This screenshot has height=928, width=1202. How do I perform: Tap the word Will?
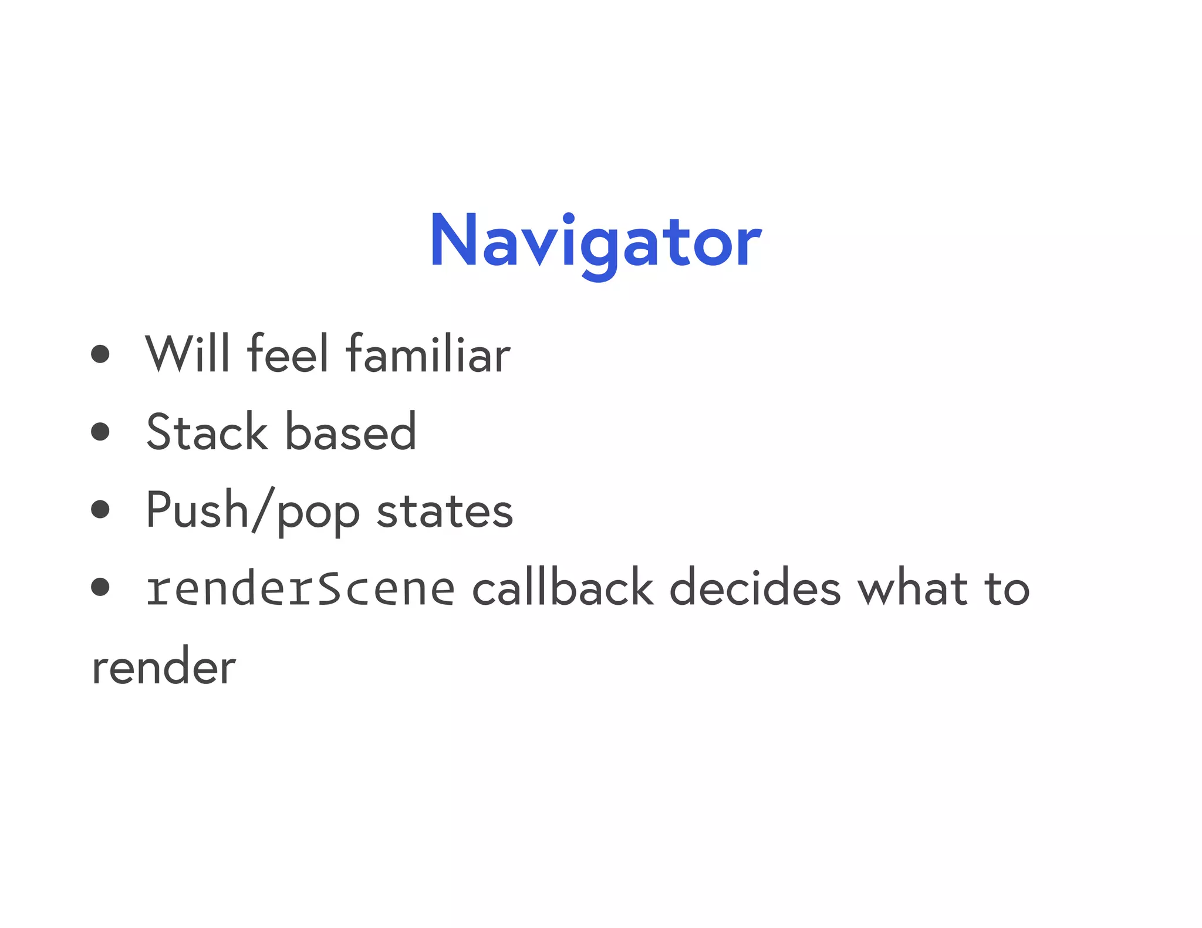pyautogui.click(x=187, y=353)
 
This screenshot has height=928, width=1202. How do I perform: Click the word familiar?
pyautogui.click(x=428, y=353)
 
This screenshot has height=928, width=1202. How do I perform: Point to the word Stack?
pyautogui.click(x=207, y=432)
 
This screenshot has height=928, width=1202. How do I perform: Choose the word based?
pyautogui.click(x=350, y=432)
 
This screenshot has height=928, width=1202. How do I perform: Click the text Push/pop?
pyautogui.click(x=252, y=510)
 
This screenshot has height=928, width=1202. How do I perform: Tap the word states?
pyautogui.click(x=444, y=510)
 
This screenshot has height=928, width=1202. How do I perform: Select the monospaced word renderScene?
pyautogui.click(x=300, y=589)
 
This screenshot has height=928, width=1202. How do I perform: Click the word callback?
pyautogui.click(x=562, y=589)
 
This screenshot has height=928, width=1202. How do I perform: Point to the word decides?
pyautogui.click(x=755, y=589)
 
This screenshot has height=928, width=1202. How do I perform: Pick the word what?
pyautogui.click(x=912, y=589)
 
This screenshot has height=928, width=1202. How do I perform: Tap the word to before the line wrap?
pyautogui.click(x=1007, y=589)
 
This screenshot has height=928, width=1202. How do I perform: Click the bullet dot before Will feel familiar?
pyautogui.click(x=100, y=353)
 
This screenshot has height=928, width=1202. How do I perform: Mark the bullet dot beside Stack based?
pyautogui.click(x=100, y=432)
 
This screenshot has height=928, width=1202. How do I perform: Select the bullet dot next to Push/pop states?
pyautogui.click(x=100, y=509)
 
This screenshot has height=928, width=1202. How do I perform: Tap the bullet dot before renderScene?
pyautogui.click(x=100, y=587)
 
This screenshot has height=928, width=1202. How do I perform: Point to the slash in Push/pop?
pyautogui.click(x=263, y=510)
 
